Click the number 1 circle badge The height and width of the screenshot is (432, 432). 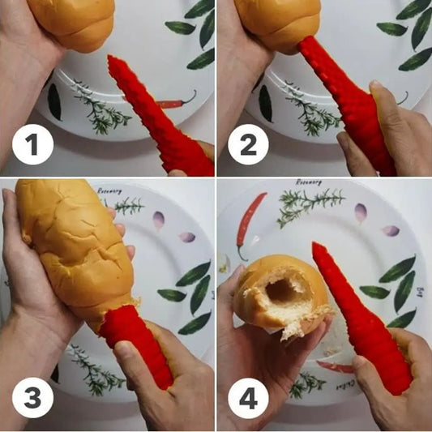(x=32, y=148)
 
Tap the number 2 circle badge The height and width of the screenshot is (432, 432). (x=248, y=148)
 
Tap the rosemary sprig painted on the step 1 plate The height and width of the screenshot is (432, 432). (x=101, y=113)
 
